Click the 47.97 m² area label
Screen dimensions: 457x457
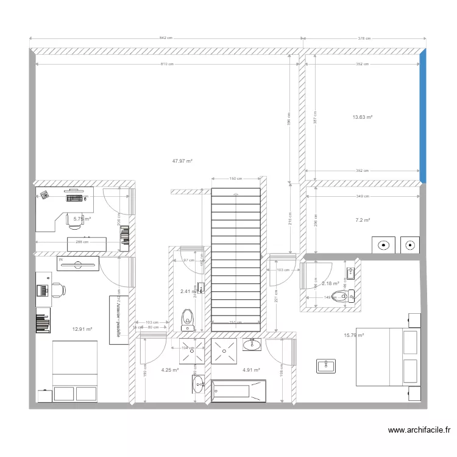[x=182, y=161]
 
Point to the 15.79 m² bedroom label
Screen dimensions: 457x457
[x=353, y=335]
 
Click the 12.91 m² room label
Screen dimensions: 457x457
[x=82, y=329]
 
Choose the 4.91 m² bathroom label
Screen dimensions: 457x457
[x=251, y=370]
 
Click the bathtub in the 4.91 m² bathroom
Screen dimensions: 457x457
[x=238, y=391]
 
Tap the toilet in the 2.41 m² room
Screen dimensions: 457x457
[x=188, y=316]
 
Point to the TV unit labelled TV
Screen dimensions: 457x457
[x=77, y=263]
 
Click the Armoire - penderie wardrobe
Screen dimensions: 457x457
[x=115, y=319]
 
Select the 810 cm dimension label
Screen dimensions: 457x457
[x=166, y=64]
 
